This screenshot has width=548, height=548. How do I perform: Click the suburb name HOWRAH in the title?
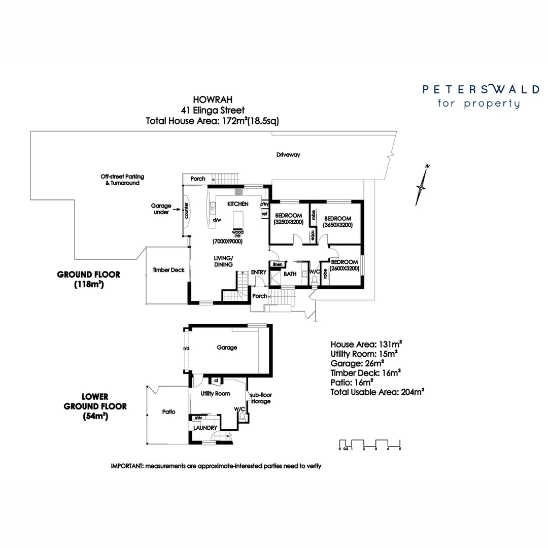point(213,99)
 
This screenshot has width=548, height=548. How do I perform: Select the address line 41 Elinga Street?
point(213,110)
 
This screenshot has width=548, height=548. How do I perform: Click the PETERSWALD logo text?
point(481,90)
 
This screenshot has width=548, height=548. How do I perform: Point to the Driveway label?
point(288,155)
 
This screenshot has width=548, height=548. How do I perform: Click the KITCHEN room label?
point(237,203)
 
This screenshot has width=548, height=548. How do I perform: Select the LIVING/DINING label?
point(223,261)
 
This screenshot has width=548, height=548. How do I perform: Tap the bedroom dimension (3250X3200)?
point(288,222)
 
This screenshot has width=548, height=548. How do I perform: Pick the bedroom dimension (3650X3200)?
point(338,225)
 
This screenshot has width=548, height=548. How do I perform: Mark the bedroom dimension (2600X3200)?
point(345,268)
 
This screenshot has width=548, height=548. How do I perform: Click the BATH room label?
point(290,274)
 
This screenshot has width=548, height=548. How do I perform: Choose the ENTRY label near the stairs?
point(258,272)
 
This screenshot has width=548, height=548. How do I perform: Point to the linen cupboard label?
point(277,264)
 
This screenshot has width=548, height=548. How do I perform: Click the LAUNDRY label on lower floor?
point(205,428)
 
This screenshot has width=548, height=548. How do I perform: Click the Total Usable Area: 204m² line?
point(377,392)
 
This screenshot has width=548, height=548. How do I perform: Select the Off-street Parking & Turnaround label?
point(122,180)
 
